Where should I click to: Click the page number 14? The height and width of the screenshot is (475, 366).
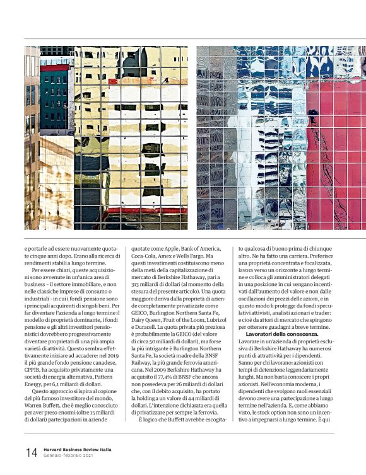tap(31, 452)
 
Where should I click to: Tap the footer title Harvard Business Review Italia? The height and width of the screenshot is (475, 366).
tap(78, 449)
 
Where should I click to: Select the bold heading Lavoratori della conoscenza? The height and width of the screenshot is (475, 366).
tap(282, 333)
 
